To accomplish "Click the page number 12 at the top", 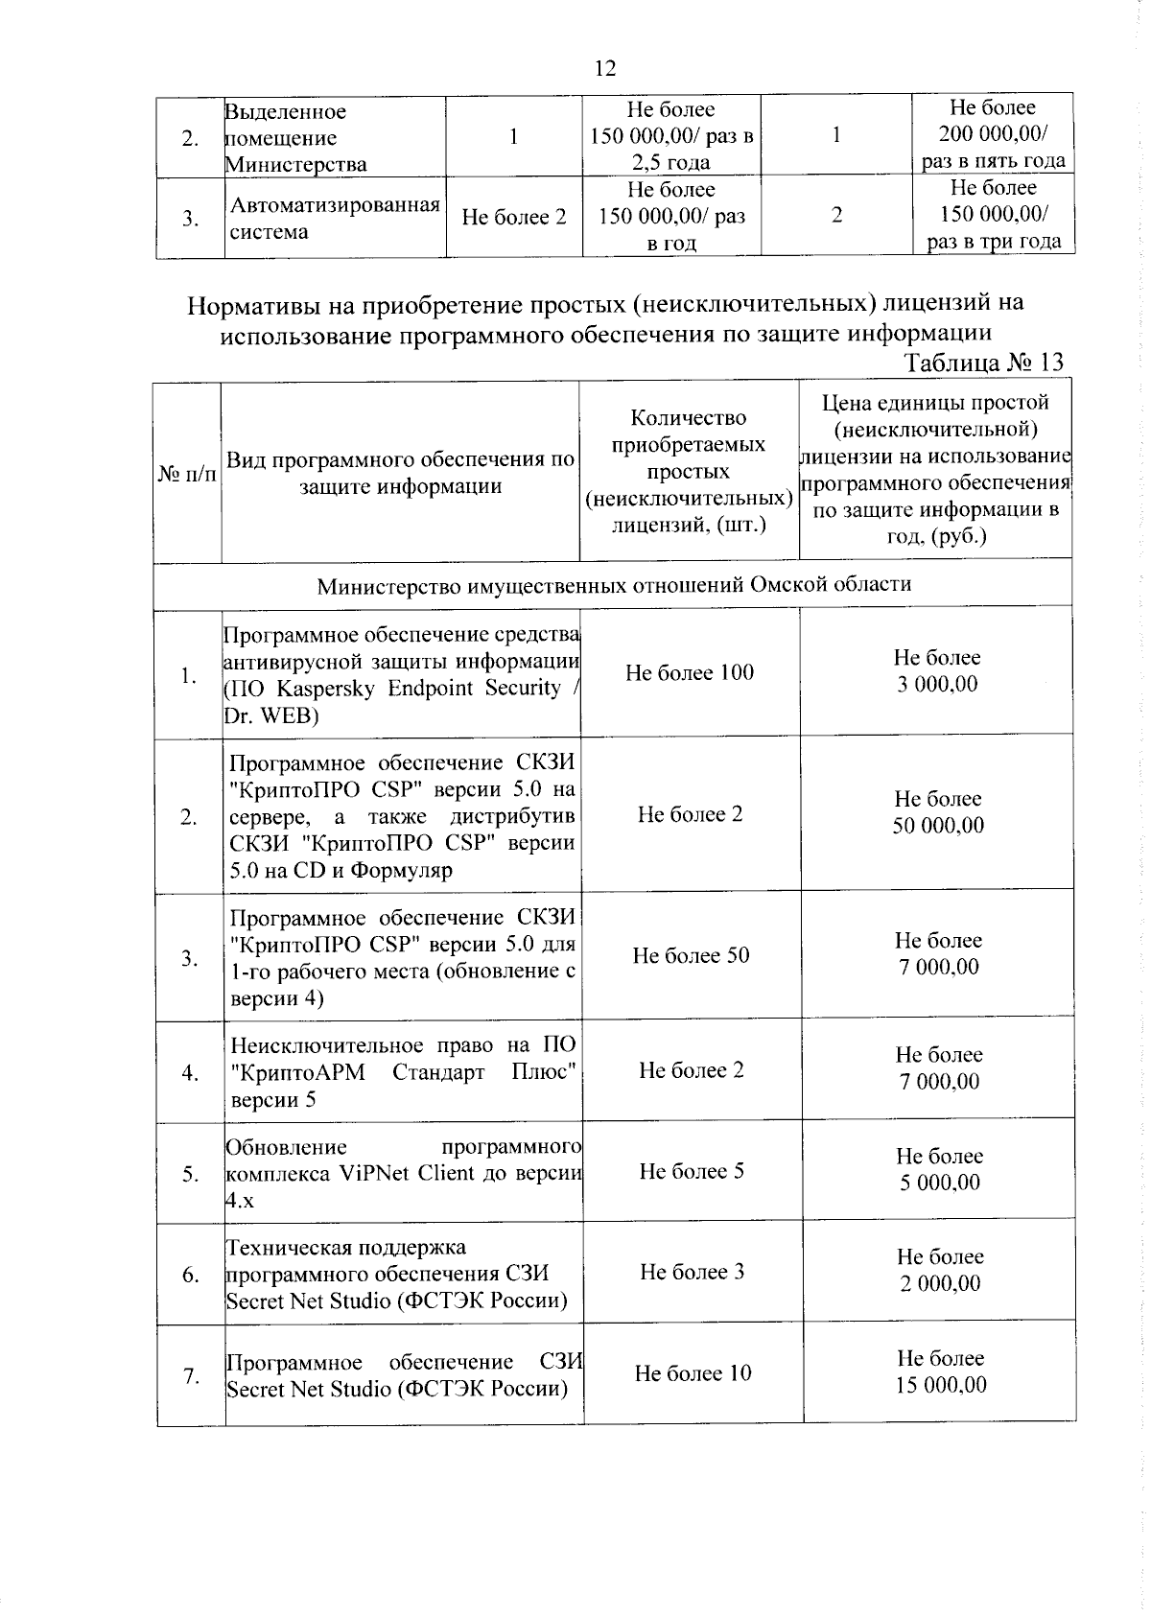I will (605, 68).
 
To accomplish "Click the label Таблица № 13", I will (983, 363).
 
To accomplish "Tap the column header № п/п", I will (187, 473).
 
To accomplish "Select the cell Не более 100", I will (690, 673).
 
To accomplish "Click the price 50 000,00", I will (938, 826).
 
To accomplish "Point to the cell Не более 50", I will (691, 955).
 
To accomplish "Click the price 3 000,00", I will (937, 684).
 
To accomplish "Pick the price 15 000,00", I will (941, 1385).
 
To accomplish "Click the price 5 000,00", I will (940, 1183).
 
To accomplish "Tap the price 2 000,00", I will (940, 1283).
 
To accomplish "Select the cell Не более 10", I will (693, 1373).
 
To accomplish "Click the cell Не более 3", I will (692, 1273).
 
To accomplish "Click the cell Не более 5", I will (692, 1171).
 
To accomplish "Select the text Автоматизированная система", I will (334, 218).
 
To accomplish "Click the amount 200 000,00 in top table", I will (993, 134).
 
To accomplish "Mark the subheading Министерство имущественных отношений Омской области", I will (614, 584).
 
